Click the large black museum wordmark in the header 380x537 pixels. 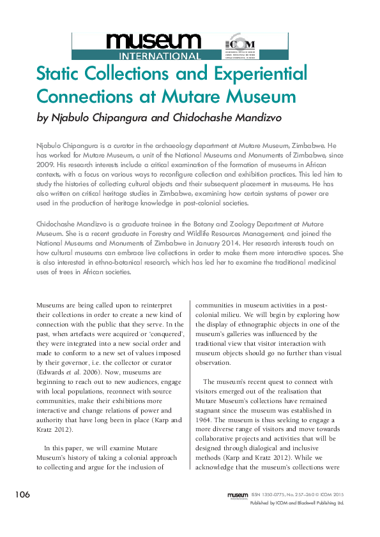[x=153, y=42]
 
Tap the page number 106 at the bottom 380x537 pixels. [x=24, y=495]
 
